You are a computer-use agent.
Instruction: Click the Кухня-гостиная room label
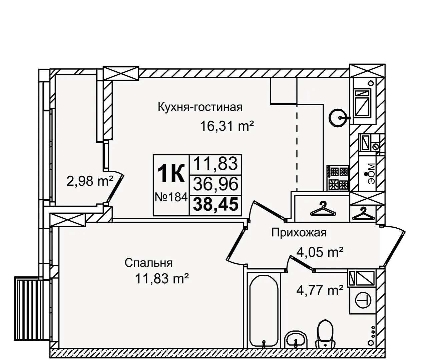click(200, 107)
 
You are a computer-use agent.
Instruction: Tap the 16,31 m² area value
click(227, 126)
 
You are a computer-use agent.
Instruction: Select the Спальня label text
click(148, 263)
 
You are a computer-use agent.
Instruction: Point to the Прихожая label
click(299, 233)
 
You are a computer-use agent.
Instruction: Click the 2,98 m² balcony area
click(90, 181)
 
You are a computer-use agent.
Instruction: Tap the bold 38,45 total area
click(216, 204)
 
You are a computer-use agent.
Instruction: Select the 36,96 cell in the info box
click(216, 184)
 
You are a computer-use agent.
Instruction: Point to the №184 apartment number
click(171, 197)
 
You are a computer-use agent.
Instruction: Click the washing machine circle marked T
click(363, 300)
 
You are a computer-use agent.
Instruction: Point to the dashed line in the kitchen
click(297, 147)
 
